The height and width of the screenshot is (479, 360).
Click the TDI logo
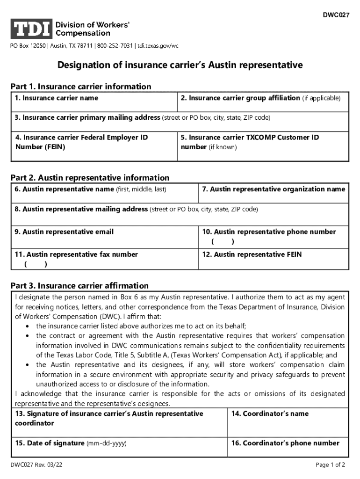pos(31,29)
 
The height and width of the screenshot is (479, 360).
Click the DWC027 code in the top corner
pos(336,15)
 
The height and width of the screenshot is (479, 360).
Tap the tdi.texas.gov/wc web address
pos(158,46)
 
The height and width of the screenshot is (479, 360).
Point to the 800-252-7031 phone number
pos(114,46)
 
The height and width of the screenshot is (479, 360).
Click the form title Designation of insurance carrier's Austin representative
pos(180,65)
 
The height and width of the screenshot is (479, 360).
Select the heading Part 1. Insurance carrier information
pos(81,87)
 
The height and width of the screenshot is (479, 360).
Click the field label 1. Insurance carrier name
pos(57,98)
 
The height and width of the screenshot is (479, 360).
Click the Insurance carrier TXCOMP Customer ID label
pos(250,138)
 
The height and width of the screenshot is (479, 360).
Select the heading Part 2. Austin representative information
pos(90,178)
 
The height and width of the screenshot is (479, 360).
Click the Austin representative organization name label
pos(274,189)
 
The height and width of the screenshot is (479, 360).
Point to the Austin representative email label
pos(64,232)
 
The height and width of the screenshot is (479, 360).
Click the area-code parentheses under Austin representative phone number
pos(223,241)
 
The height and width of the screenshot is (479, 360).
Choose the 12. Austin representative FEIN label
pos(252,254)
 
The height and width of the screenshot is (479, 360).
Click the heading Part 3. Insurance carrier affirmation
pos(79,286)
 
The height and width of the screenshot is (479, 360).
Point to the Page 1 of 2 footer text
pos(330,465)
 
